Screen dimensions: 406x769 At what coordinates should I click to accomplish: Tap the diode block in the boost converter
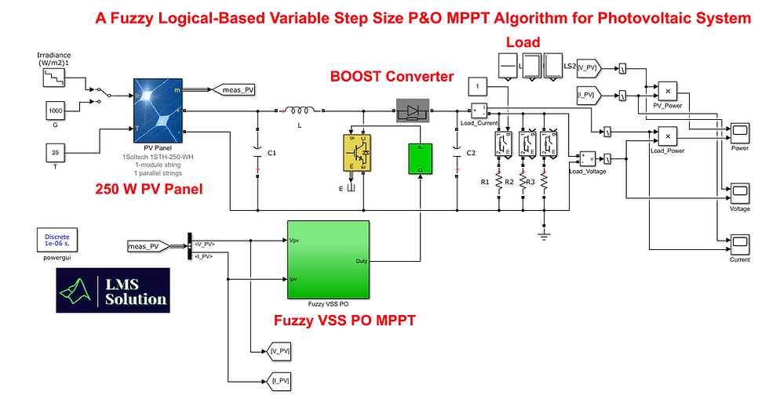coord(413,112)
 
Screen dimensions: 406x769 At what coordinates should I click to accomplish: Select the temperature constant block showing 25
coord(53,152)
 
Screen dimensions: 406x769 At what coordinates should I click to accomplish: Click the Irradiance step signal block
coord(53,77)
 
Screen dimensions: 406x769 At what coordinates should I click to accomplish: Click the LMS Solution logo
coord(113,291)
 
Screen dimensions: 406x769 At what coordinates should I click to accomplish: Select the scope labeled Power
coord(740,132)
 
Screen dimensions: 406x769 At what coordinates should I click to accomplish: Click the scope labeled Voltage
coord(740,190)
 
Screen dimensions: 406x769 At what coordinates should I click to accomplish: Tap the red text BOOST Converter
coord(392,77)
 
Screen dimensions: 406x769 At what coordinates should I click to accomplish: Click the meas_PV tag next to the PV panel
coord(232,90)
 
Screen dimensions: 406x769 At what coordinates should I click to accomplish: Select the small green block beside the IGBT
coord(420,158)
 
